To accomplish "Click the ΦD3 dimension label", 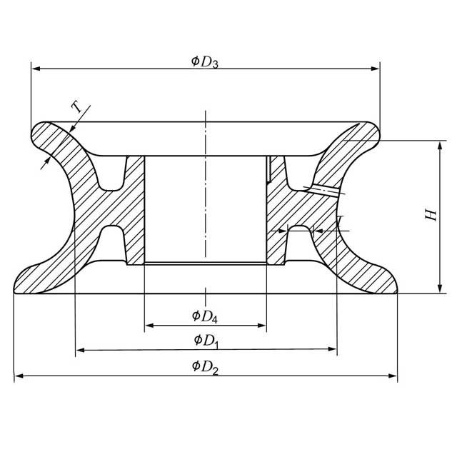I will [x=204, y=61].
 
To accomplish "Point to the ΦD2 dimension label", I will [x=205, y=367].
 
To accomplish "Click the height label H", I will [x=431, y=215].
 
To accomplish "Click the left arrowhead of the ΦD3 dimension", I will [x=36, y=69].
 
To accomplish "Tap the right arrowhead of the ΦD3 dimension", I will [x=375, y=69].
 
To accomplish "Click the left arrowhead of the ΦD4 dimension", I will [x=149, y=326].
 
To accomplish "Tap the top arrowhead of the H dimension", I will [x=437, y=145].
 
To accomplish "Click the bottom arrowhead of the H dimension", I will [x=437, y=288].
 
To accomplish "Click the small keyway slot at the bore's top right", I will [x=268, y=170].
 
